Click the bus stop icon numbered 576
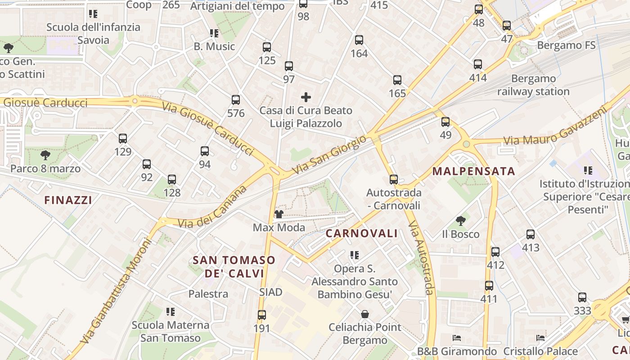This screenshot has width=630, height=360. coord(235,100)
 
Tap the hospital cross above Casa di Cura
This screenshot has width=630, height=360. coord(306,97)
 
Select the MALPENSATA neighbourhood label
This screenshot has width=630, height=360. coord(473,171)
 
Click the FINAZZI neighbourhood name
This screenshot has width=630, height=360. coord(68,200)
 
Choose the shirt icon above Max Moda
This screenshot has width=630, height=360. coord(279,214)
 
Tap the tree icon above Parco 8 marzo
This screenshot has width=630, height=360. coord(45,155)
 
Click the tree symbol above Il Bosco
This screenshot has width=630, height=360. coord(460,220)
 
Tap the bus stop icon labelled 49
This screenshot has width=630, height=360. coord(445,121)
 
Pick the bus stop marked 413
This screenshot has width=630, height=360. coord(531,234)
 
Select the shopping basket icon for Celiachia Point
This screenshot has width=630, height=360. coord(364,314)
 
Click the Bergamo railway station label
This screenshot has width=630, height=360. coord(533,85)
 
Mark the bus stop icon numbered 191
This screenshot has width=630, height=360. coord(261,315)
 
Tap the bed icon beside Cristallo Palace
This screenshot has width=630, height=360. coord(540,337)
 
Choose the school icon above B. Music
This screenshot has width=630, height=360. coord(214,33)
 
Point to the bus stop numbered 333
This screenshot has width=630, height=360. coord(582,297)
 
